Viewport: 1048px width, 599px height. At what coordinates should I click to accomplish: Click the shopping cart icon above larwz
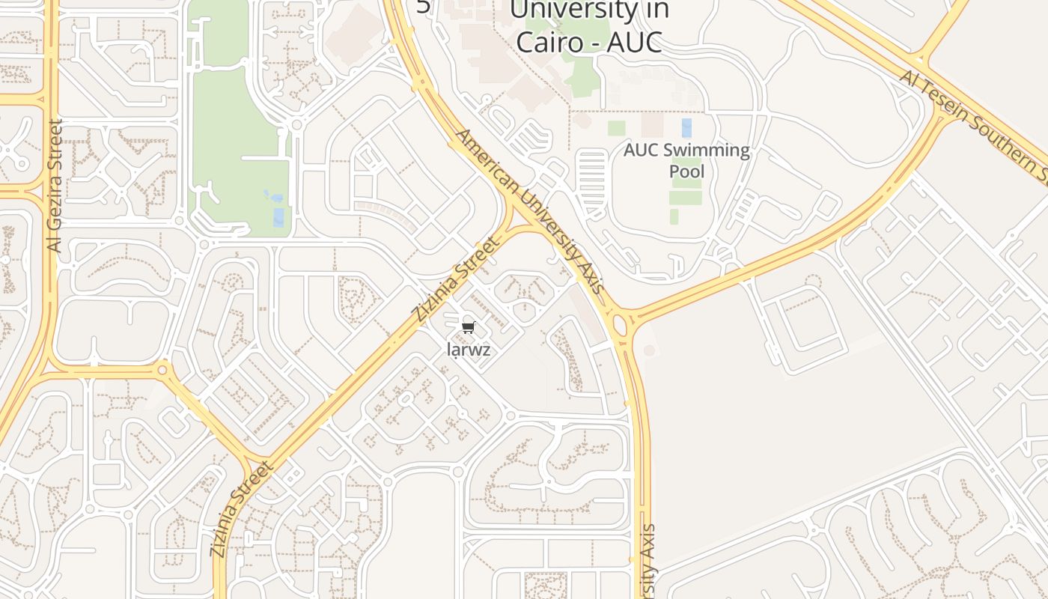click(x=469, y=327)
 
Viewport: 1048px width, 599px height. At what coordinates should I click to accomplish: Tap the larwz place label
click(x=469, y=350)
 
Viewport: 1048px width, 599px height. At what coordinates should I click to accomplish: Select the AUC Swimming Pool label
click(x=686, y=160)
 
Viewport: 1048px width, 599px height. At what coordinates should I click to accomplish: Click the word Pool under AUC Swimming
click(x=686, y=171)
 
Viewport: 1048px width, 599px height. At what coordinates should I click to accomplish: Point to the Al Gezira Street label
click(x=55, y=185)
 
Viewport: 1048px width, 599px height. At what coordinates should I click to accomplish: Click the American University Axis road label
click(x=529, y=211)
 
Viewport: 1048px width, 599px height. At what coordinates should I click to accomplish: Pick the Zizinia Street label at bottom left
click(x=242, y=509)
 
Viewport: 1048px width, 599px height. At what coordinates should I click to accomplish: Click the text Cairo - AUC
click(x=589, y=42)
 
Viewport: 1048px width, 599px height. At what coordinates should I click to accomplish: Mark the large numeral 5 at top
click(x=424, y=6)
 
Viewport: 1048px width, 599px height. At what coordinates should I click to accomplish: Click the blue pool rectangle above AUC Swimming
click(x=686, y=127)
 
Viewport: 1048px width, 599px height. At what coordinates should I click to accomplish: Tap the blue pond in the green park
click(x=278, y=216)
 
